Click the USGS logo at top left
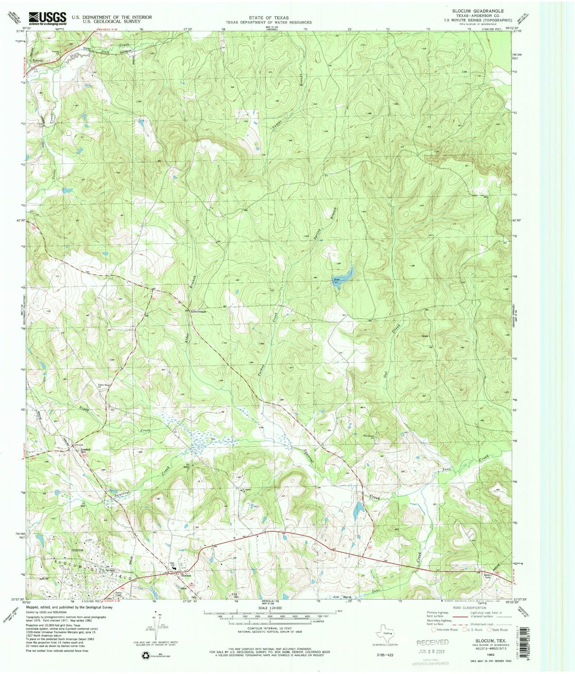click(x=47, y=18)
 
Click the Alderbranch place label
click(x=198, y=312)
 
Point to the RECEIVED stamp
click(x=432, y=642)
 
